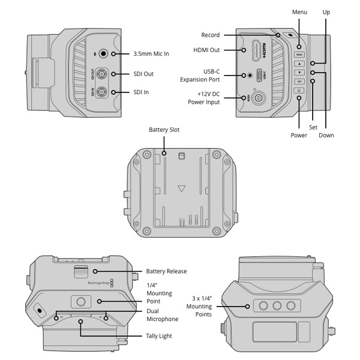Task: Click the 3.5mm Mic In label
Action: click(151, 54)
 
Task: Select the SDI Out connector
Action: click(103, 74)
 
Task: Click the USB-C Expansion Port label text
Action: click(200, 75)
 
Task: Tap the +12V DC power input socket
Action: click(260, 98)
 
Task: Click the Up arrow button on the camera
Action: click(299, 63)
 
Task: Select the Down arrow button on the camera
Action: click(299, 72)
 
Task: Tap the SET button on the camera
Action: click(299, 81)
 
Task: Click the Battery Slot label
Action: click(164, 130)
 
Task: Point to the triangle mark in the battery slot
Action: click(182, 188)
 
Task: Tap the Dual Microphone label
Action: click(161, 316)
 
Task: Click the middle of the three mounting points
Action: click(277, 306)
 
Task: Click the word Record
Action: click(211, 35)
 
